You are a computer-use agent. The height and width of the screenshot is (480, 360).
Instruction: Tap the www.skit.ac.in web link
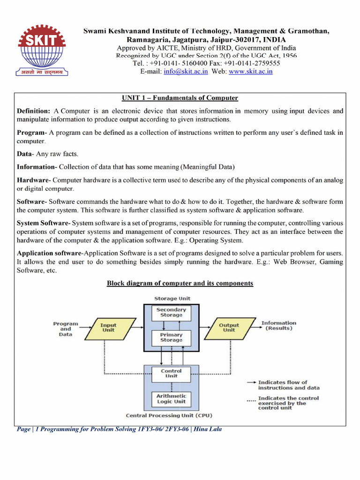[250, 72]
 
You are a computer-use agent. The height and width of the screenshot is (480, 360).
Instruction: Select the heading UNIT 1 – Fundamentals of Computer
[180, 98]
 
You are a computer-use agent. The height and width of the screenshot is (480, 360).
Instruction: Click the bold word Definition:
[33, 111]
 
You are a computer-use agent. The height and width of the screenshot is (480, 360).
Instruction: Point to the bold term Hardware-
[33, 180]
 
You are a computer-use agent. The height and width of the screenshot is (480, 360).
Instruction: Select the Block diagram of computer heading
[180, 284]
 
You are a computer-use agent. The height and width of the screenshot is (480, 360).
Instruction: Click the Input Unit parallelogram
[108, 327]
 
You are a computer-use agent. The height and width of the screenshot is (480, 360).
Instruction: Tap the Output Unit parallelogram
[229, 327]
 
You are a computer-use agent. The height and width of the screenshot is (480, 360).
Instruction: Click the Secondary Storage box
[171, 313]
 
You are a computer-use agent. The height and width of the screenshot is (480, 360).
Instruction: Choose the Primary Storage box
[171, 337]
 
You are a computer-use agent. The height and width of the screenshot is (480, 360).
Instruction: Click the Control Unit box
[171, 374]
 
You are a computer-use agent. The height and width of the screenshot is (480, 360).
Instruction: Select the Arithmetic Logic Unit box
[171, 398]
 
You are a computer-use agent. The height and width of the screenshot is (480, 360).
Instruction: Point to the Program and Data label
[66, 329]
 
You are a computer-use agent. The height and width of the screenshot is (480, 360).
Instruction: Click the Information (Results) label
[278, 325]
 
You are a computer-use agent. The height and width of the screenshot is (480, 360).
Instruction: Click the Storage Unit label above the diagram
[172, 298]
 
